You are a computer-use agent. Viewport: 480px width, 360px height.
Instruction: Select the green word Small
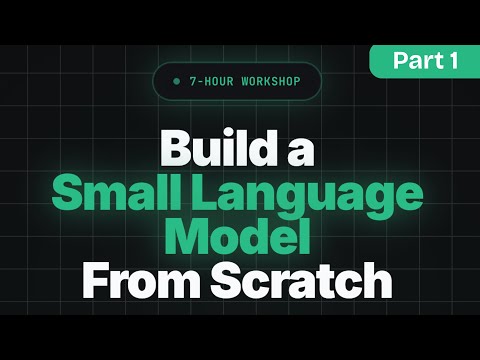[111, 194]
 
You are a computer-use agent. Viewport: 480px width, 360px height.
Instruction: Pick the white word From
[141, 281]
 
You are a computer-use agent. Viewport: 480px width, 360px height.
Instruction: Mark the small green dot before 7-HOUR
[177, 80]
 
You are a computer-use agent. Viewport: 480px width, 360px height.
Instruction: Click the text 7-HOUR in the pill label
[211, 80]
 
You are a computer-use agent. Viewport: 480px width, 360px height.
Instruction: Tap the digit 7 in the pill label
[191, 80]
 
